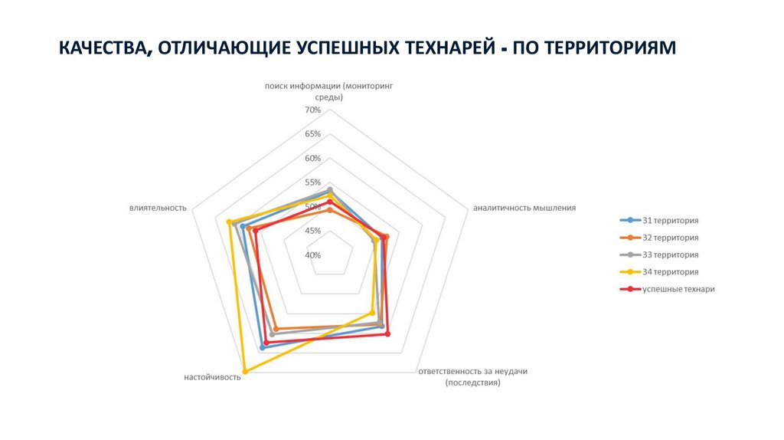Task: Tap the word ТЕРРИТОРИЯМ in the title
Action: tap(610, 48)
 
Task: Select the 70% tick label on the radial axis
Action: tap(312, 110)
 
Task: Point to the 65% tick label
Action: tap(312, 134)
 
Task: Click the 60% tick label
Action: tap(312, 159)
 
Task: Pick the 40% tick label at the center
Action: tap(312, 255)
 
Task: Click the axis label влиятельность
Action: tap(158, 208)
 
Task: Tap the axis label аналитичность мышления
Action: tap(524, 208)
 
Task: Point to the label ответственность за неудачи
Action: tap(472, 372)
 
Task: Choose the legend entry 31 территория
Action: tap(671, 221)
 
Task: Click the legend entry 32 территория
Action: tap(671, 238)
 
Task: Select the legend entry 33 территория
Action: tap(671, 254)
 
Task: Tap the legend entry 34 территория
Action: tap(671, 272)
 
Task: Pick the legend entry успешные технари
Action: tap(678, 289)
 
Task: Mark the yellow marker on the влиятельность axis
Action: tap(230, 222)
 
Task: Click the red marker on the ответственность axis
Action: tap(387, 333)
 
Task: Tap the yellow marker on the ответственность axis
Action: tap(372, 313)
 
